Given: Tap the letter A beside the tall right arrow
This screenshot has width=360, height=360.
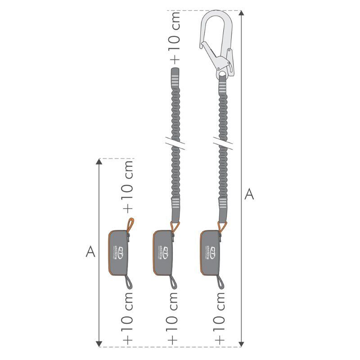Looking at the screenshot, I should tap(249, 194).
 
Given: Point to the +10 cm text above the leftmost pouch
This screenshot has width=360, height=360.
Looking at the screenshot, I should tap(128, 185).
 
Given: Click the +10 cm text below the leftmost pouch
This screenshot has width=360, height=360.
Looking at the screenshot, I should tap(128, 317).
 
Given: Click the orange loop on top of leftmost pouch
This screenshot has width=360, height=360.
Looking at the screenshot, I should tap(130, 224).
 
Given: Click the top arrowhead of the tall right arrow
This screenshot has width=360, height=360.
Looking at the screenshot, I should tap(242, 13).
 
